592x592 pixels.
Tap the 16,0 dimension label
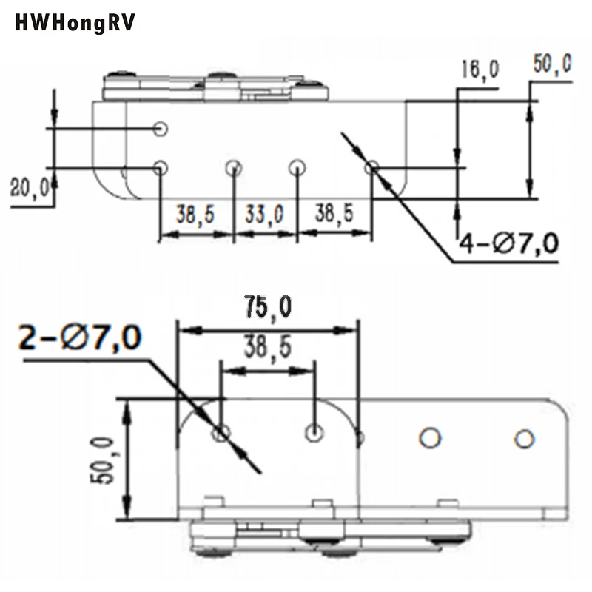[x=480, y=71]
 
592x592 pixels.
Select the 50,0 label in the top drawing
[x=551, y=64]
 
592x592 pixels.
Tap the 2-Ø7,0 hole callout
[x=80, y=339]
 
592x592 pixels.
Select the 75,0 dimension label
[x=267, y=308]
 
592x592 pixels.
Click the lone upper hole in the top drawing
[x=161, y=129]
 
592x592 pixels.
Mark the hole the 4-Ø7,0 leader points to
[x=372, y=167]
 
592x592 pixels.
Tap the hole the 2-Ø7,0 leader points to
[x=221, y=434]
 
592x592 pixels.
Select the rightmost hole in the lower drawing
[x=525, y=438]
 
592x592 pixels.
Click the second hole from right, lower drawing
[x=428, y=437]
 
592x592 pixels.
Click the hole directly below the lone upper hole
[x=161, y=167]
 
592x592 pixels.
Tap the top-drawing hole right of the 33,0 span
[x=297, y=167]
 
